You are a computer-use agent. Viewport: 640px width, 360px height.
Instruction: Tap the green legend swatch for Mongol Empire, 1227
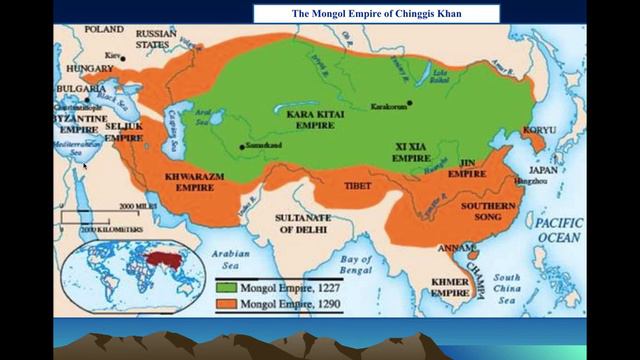pyautogui.click(x=226, y=287)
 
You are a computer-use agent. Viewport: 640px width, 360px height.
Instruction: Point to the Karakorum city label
pyautogui.click(x=390, y=105)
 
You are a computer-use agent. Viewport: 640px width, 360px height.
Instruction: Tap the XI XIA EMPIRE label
pyautogui.click(x=411, y=152)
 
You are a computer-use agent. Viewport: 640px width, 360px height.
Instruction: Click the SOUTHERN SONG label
pyautogui.click(x=488, y=211)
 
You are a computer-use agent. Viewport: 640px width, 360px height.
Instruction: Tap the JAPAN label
pyautogui.click(x=545, y=170)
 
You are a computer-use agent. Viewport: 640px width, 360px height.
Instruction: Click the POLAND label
pyautogui.click(x=104, y=30)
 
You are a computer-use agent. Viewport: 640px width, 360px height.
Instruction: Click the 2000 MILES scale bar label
pyautogui.click(x=139, y=205)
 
